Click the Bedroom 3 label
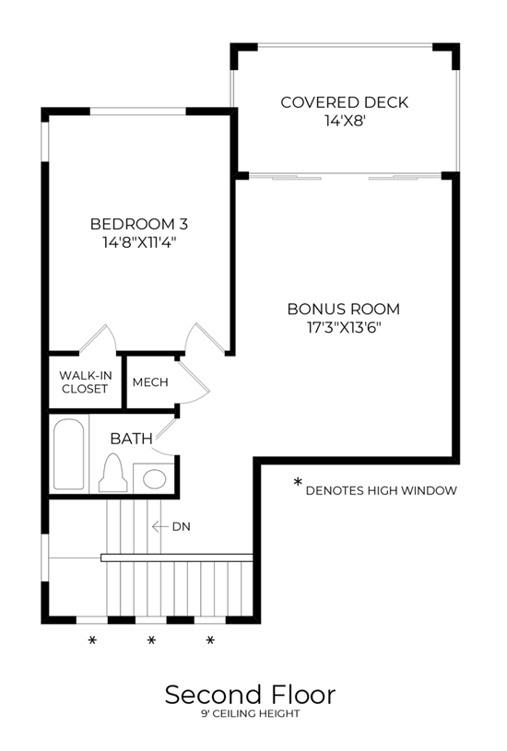pyautogui.click(x=139, y=224)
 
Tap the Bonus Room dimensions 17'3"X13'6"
pyautogui.click(x=344, y=328)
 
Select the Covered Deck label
pyautogui.click(x=345, y=102)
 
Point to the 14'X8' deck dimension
pyautogui.click(x=346, y=121)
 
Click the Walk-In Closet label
pyautogui.click(x=86, y=382)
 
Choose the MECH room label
pyautogui.click(x=150, y=382)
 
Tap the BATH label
pyautogui.click(x=131, y=439)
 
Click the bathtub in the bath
pyautogui.click(x=68, y=453)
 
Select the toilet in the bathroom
pyautogui.click(x=113, y=474)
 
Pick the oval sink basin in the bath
pyautogui.click(x=155, y=479)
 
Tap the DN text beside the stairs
pyautogui.click(x=182, y=527)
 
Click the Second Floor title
pyautogui.click(x=250, y=695)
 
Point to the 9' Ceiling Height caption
pyautogui.click(x=251, y=713)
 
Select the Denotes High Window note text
pyautogui.click(x=382, y=490)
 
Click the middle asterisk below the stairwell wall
pyautogui.click(x=151, y=640)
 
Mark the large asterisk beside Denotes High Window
pyautogui.click(x=298, y=482)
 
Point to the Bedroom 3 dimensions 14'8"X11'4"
pyautogui.click(x=139, y=242)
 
